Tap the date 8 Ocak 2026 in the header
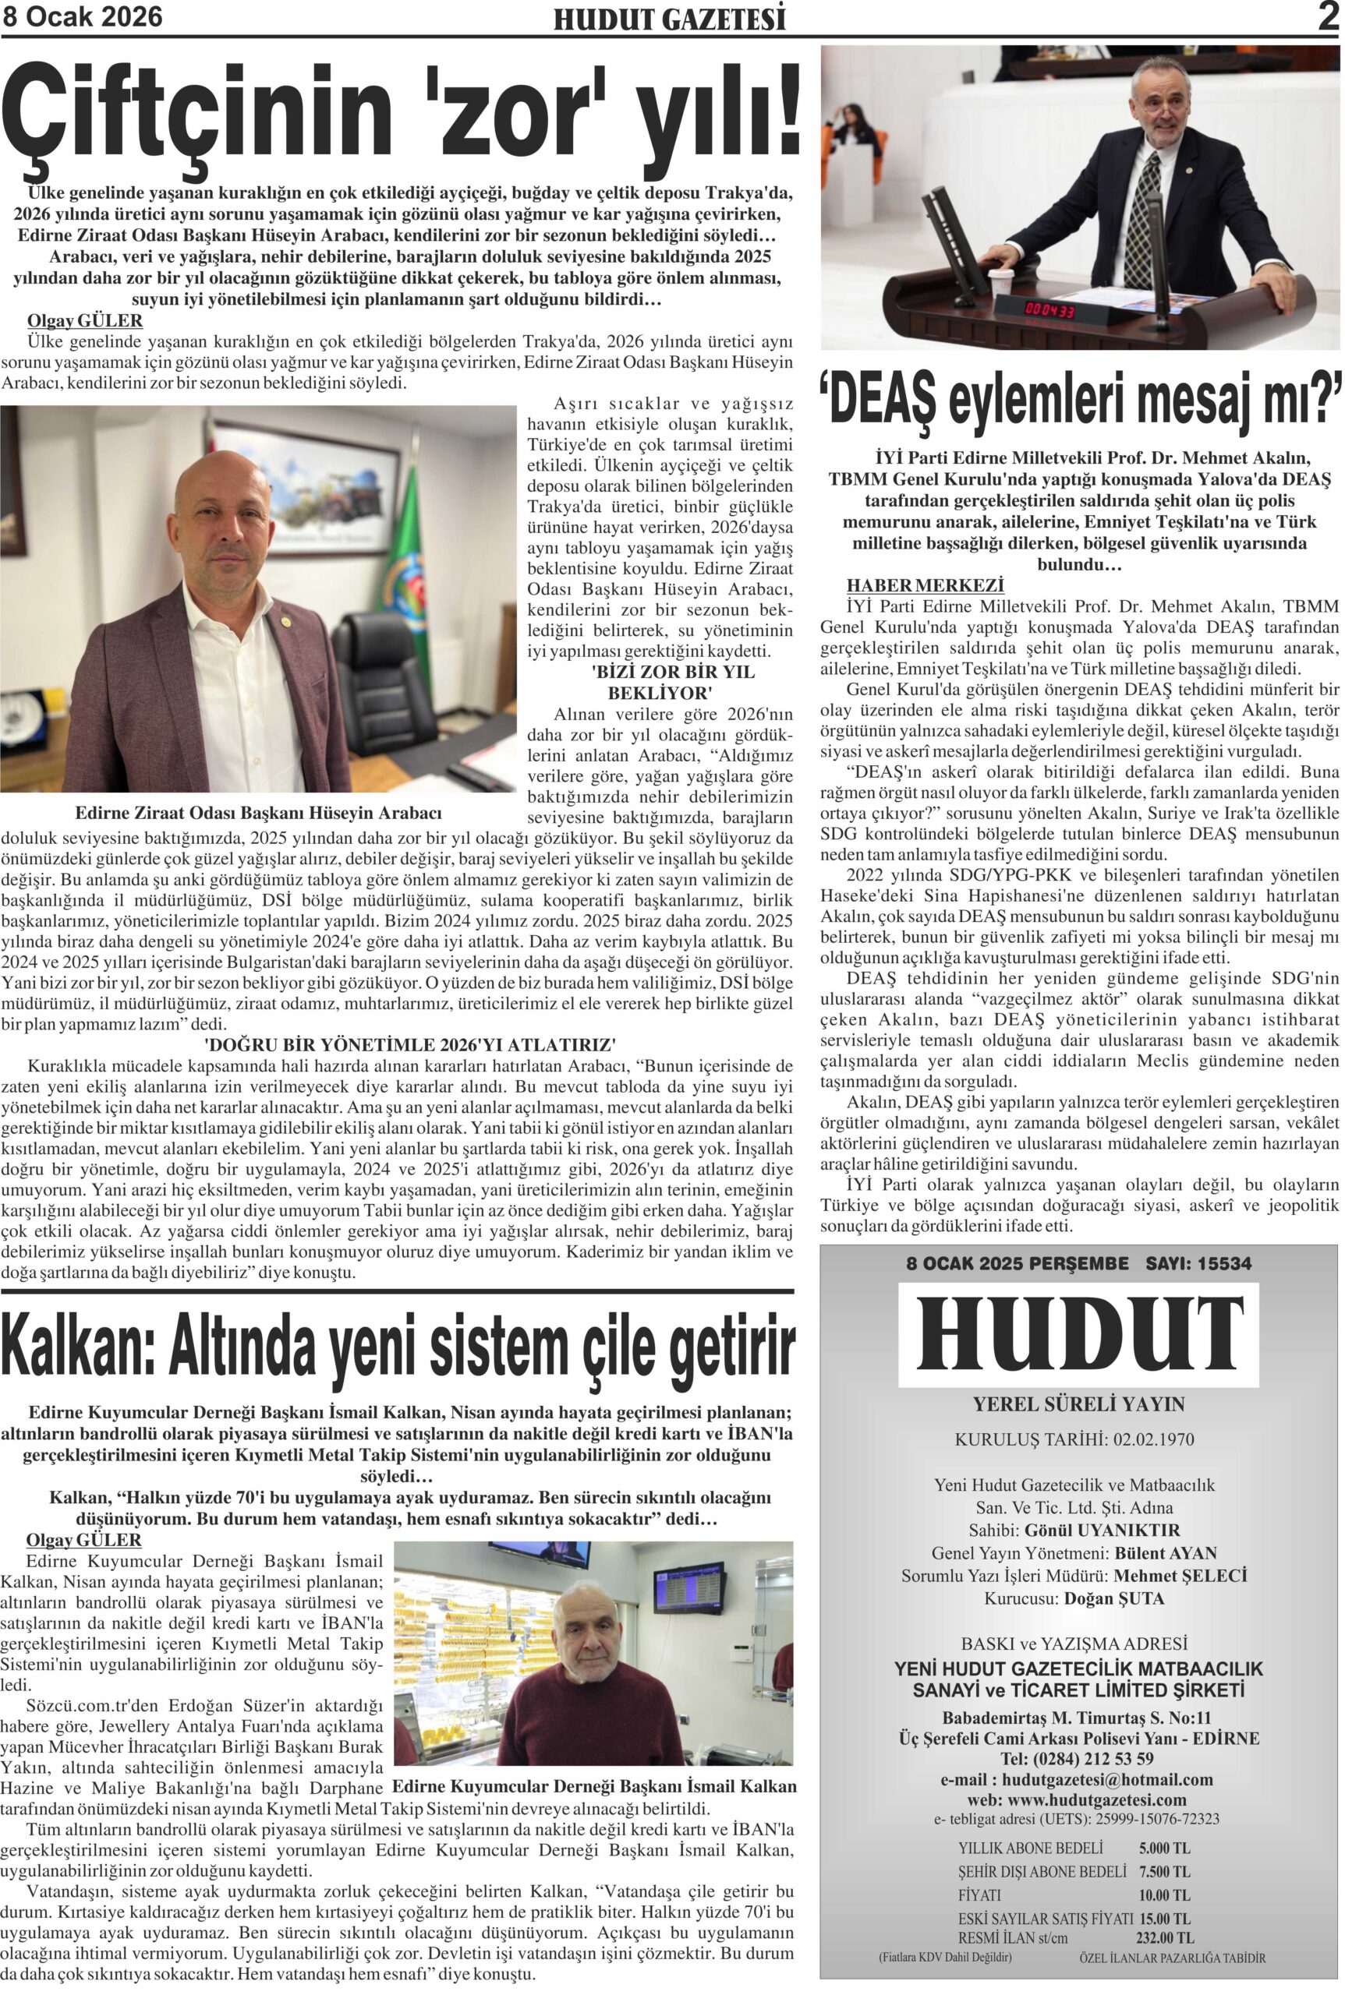83,17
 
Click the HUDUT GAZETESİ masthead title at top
669,19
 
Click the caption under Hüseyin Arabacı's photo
258,812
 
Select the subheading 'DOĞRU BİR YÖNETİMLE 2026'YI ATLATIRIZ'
410,1045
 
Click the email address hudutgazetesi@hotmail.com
1106,1780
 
